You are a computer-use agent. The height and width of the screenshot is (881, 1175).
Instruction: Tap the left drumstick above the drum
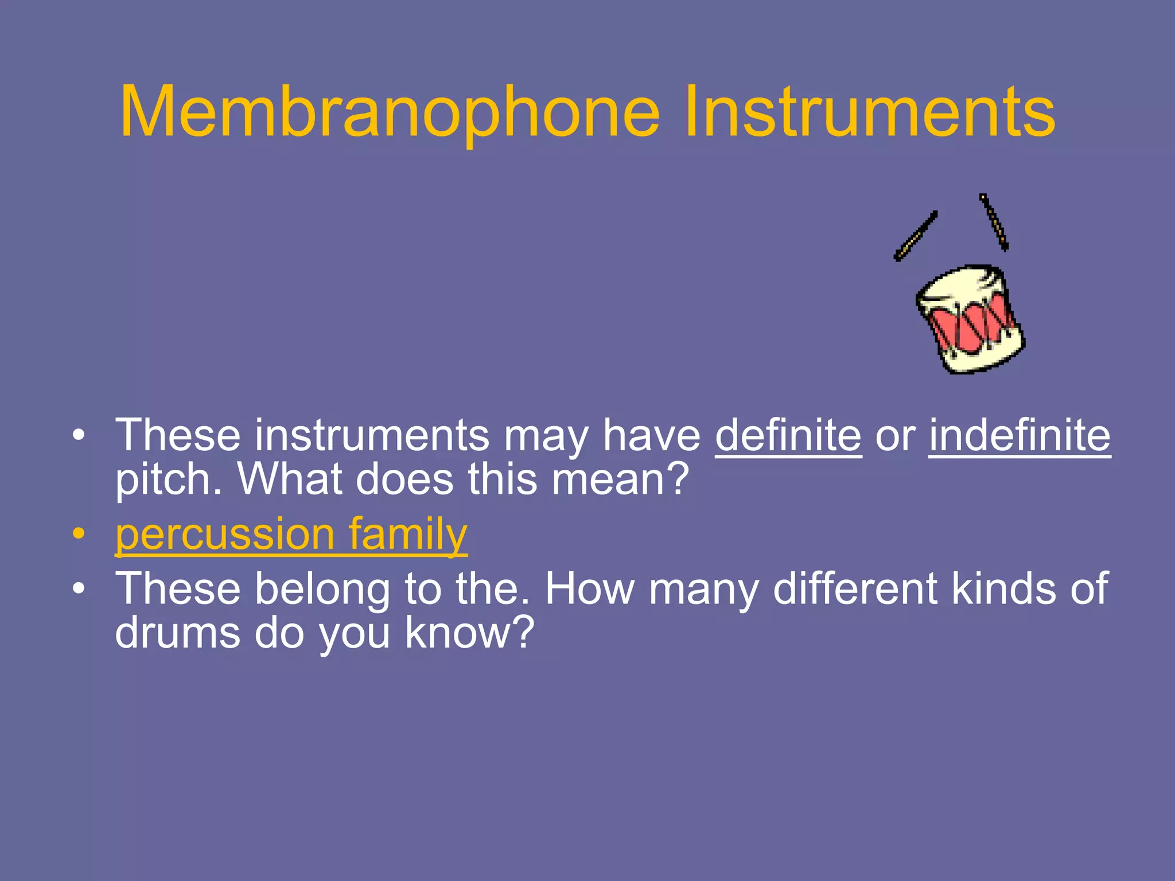click(916, 236)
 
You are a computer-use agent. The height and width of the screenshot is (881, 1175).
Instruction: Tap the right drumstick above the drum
click(994, 222)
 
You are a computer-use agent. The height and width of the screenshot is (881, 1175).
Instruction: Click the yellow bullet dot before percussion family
click(79, 534)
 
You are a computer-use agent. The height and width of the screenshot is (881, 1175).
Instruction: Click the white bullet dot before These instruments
click(79, 435)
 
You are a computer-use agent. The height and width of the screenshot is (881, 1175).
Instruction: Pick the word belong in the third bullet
click(322, 589)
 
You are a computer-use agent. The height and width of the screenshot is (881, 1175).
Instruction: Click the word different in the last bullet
click(855, 589)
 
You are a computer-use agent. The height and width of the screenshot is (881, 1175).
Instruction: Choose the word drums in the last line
click(177, 633)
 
